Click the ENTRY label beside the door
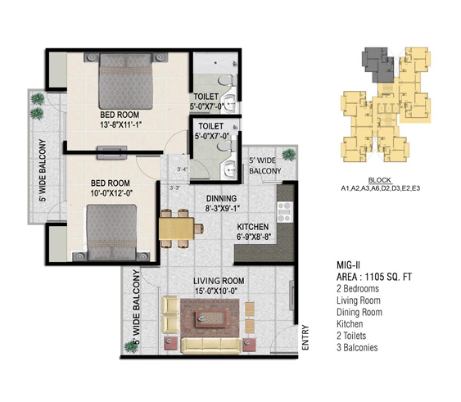305,337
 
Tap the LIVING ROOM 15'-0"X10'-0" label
219,286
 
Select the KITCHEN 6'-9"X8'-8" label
253,232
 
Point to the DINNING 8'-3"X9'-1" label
222,203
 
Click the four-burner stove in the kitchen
285,212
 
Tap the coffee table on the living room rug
211,318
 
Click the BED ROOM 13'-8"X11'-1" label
120,120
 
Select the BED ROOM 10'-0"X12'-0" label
111,188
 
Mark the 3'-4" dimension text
183,169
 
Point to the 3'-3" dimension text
175,188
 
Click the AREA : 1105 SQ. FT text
374,277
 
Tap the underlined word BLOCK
380,180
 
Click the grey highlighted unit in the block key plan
377,64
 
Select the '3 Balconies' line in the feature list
357,347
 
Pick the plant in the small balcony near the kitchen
289,155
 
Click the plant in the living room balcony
131,346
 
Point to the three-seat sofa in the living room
211,346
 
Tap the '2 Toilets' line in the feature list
351,336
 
